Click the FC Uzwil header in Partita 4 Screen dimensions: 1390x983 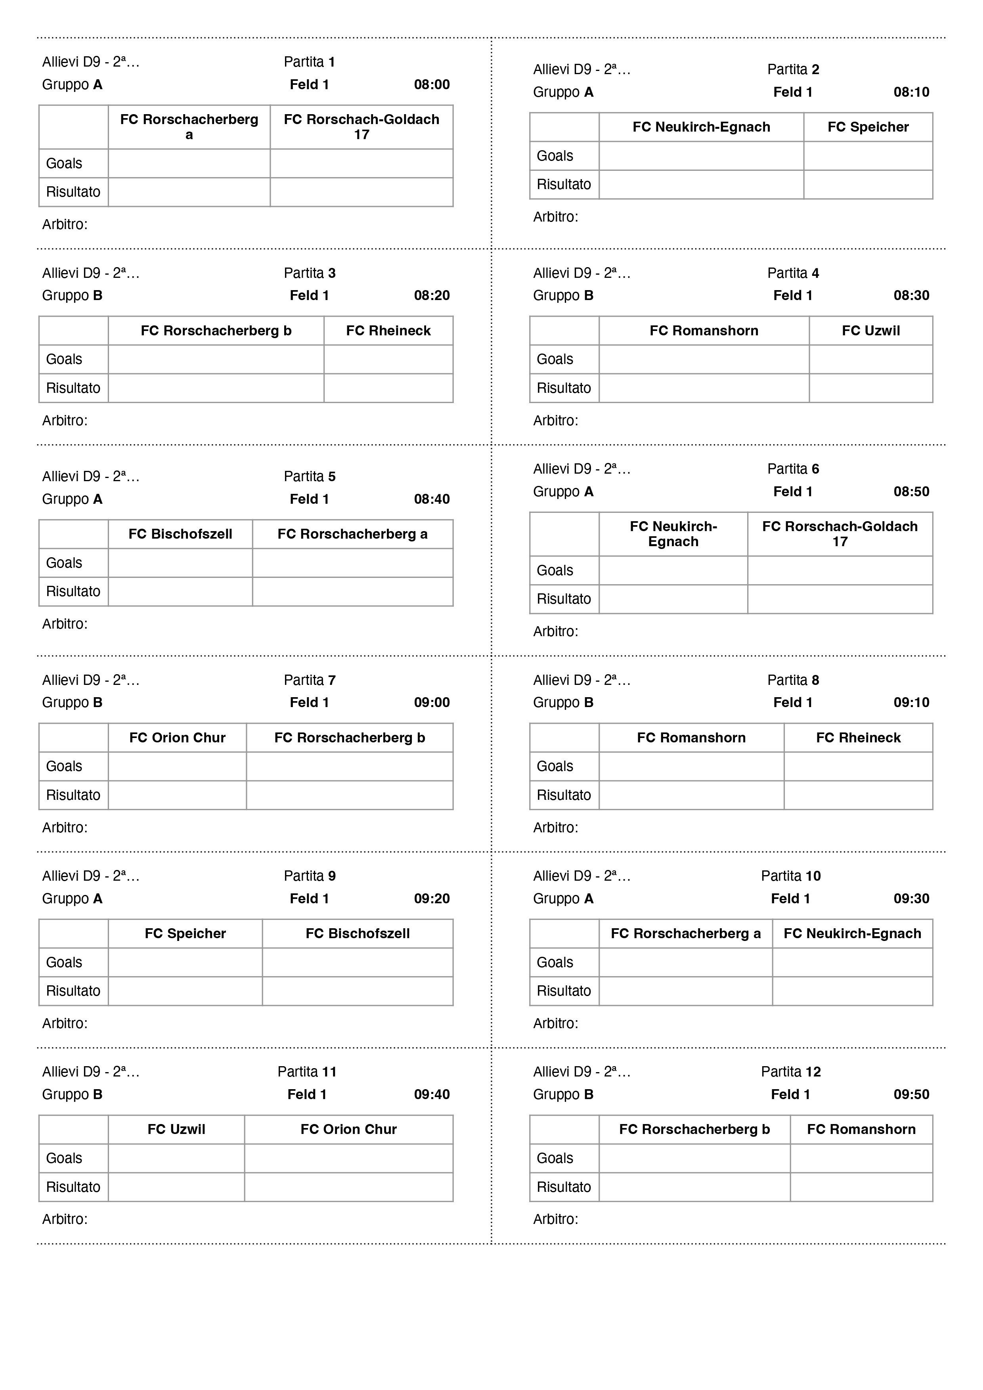click(870, 331)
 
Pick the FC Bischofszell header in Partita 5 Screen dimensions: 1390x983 click(180, 534)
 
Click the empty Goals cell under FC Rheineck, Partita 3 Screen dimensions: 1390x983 click(388, 359)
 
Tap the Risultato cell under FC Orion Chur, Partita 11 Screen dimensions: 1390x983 click(349, 1187)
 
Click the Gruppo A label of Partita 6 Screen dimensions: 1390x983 click(563, 491)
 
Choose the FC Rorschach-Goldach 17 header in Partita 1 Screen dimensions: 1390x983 click(361, 126)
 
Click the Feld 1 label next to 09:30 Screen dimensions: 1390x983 click(790, 899)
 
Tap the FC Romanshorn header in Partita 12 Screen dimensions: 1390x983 click(861, 1129)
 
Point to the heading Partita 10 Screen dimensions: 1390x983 click(790, 876)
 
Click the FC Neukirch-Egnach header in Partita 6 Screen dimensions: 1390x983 click(673, 534)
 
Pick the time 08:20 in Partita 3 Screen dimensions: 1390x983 click(432, 295)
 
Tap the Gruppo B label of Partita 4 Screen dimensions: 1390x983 click(563, 295)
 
